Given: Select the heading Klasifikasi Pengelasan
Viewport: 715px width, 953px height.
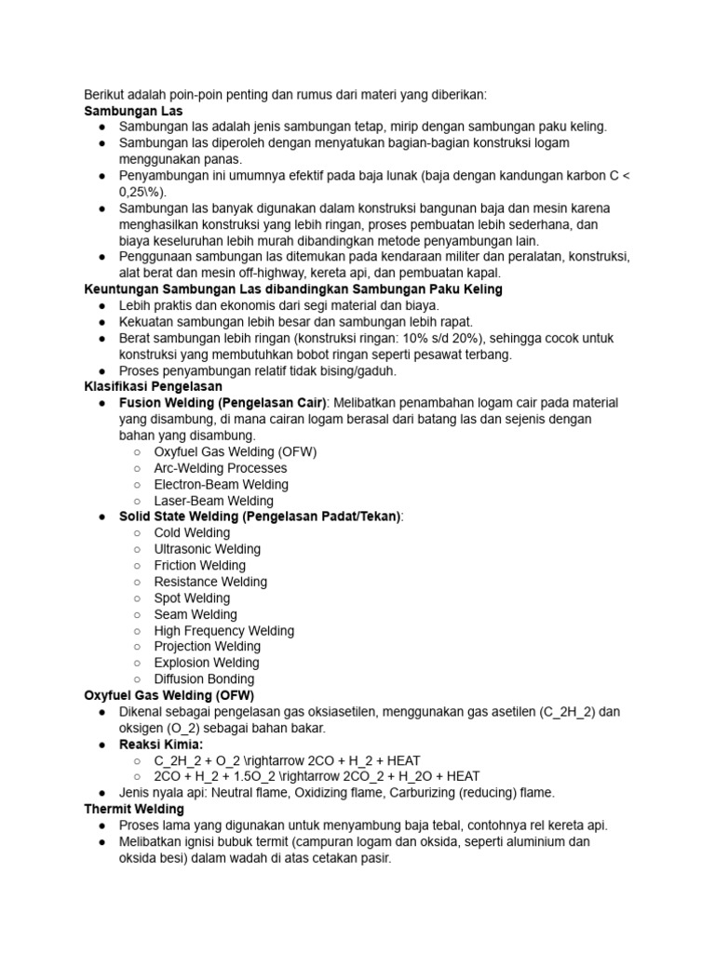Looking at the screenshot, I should click(153, 386).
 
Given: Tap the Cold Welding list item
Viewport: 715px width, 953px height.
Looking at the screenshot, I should click(192, 532).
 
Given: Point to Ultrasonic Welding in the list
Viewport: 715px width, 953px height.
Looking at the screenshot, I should click(207, 549).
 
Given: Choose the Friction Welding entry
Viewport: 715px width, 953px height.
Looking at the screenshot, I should click(199, 565).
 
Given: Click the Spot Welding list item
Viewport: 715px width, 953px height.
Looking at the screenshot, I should click(192, 597).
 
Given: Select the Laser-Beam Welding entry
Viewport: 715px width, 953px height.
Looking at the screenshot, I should click(213, 501).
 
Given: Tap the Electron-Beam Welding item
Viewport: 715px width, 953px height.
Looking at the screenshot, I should click(221, 484).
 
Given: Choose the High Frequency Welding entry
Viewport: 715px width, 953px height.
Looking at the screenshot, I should click(223, 630).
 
